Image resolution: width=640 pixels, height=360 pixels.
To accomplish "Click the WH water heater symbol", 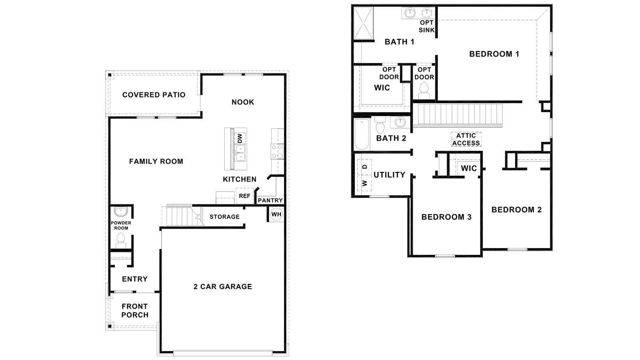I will pyautogui.click(x=276, y=214).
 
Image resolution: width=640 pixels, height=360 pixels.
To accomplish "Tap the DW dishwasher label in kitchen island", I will pyautogui.click(x=240, y=138).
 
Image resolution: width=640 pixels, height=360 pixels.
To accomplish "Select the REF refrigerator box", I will pyautogui.click(x=244, y=196).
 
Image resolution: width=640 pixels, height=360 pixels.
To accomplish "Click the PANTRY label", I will pyautogui.click(x=270, y=200).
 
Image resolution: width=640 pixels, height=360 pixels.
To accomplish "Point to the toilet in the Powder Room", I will pyautogui.click(x=121, y=241).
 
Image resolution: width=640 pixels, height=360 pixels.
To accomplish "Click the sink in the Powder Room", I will pyautogui.click(x=121, y=212).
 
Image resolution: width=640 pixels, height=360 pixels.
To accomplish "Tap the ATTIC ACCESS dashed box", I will pyautogui.click(x=466, y=139).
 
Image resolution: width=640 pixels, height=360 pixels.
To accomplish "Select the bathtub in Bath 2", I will pyautogui.click(x=362, y=134).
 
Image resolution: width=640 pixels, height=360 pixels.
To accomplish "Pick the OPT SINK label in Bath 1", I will pyautogui.click(x=426, y=26).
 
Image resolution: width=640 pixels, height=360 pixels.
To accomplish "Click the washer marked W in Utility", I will pyautogui.click(x=364, y=183).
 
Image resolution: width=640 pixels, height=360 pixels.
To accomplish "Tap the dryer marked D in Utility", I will pyautogui.click(x=364, y=167).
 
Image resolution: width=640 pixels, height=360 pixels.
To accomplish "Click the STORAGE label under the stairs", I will pyautogui.click(x=224, y=217).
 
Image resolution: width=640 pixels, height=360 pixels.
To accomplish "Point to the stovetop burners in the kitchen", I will pyautogui.click(x=277, y=152).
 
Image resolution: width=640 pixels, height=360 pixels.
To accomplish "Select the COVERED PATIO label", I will pyautogui.click(x=154, y=95).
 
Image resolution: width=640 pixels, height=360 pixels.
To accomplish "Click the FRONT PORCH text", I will pyautogui.click(x=135, y=310).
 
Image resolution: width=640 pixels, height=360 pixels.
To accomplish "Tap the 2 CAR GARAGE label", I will pyautogui.click(x=223, y=286).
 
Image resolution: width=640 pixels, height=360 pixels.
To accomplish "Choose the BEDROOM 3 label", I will pyautogui.click(x=446, y=217).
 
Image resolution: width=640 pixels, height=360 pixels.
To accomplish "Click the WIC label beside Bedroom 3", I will pyautogui.click(x=468, y=168).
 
